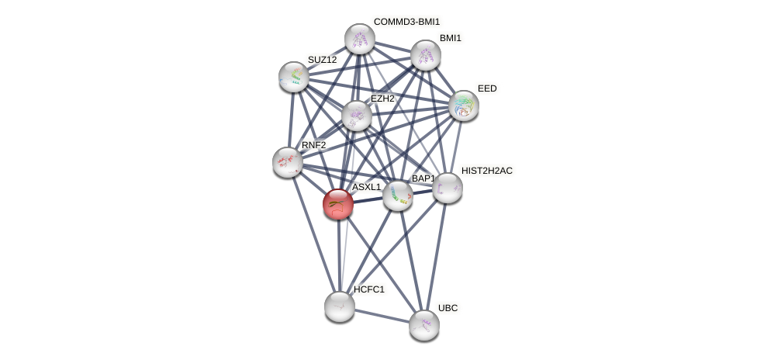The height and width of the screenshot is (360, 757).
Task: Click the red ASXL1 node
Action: (x=338, y=204)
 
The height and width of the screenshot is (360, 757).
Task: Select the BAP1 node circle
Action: (x=398, y=196)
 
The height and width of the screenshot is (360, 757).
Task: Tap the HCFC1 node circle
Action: (x=339, y=306)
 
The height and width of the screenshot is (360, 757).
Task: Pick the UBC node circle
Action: (x=423, y=324)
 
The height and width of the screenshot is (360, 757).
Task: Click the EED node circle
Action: (x=464, y=106)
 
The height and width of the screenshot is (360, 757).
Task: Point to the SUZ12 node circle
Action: (x=294, y=76)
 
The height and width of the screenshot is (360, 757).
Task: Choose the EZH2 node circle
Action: (x=357, y=116)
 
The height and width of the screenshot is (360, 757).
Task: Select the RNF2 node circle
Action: (x=288, y=161)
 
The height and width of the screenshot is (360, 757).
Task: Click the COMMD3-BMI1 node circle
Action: (x=359, y=38)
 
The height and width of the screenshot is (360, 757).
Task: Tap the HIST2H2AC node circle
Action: (x=448, y=188)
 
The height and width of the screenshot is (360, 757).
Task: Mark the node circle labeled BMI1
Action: (x=425, y=54)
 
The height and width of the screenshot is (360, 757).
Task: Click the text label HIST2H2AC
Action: (x=486, y=171)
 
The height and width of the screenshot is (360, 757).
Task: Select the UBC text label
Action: (x=448, y=308)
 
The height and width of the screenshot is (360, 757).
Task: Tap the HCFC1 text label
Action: (x=368, y=289)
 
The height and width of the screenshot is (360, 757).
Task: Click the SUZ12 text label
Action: (x=322, y=60)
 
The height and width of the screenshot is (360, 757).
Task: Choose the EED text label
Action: (x=487, y=88)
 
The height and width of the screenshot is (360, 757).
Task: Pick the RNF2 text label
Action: (x=313, y=145)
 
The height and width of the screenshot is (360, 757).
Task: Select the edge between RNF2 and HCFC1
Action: (x=313, y=234)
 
